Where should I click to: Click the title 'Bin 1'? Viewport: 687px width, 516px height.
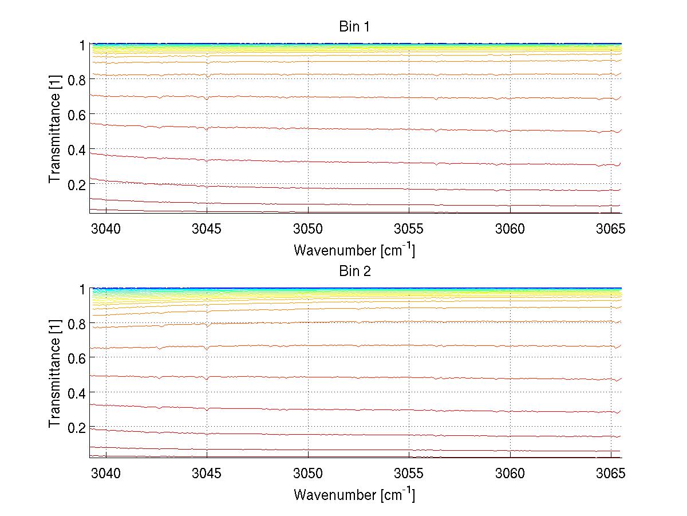pyautogui.click(x=355, y=26)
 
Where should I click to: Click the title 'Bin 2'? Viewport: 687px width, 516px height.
pyautogui.click(x=355, y=271)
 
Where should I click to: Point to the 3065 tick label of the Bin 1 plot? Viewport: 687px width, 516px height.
pyautogui.click(x=611, y=230)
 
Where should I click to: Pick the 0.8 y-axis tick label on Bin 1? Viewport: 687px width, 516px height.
pyautogui.click(x=76, y=80)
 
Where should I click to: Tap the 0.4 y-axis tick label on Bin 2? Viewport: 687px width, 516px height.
pyautogui.click(x=76, y=392)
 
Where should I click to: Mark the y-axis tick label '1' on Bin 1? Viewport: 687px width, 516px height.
pyautogui.click(x=82, y=45)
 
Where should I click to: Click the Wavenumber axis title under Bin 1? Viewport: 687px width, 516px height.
pyautogui.click(x=354, y=250)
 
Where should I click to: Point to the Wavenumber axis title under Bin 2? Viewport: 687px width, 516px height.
pyautogui.click(x=354, y=494)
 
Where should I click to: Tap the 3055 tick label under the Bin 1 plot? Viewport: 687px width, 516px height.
pyautogui.click(x=409, y=230)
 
